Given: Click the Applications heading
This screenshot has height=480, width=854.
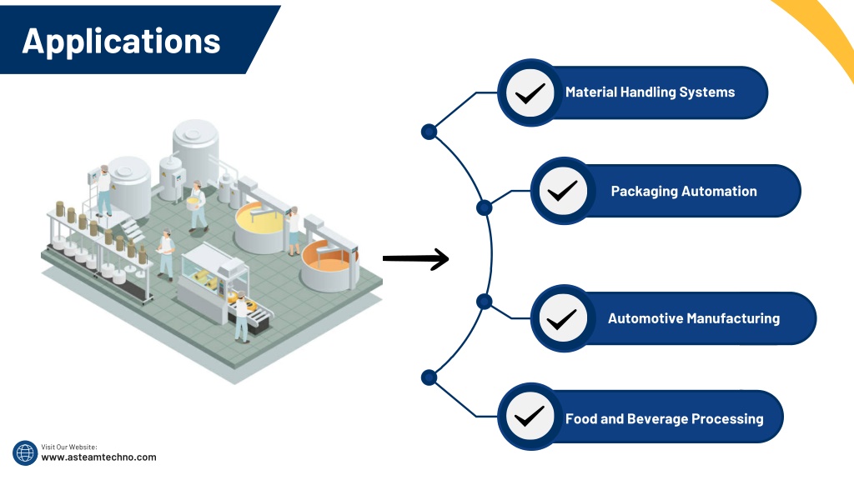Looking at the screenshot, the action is point(121,42).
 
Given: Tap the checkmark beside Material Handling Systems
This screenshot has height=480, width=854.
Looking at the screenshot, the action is point(530,93).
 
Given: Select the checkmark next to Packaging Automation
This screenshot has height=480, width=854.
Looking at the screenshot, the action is point(563,191).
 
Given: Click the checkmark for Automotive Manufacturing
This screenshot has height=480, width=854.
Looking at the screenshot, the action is point(561,319).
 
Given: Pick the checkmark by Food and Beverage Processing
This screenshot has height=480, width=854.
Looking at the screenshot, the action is point(530,417).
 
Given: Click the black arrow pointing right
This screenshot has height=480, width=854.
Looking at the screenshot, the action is point(415,258).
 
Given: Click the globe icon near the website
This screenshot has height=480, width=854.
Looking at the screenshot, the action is point(25,452).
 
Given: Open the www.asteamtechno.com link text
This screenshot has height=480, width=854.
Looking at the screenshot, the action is point(98,457).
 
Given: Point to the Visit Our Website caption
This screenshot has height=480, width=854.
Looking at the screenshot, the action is point(69,447).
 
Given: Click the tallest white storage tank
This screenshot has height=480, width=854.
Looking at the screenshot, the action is point(195,147).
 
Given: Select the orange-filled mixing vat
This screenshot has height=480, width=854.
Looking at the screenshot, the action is point(326,266).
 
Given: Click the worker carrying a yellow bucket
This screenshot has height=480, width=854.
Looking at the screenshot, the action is point(197,207).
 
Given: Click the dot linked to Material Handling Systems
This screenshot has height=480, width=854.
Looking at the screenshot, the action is point(430,132).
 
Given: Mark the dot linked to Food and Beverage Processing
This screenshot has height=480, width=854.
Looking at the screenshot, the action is point(430,377).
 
